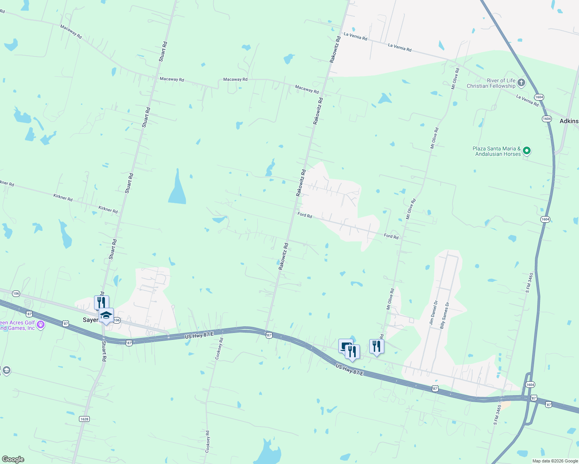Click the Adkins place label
(569, 121)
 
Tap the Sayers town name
(91, 320)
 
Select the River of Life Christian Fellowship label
(491, 83)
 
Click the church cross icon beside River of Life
(521, 82)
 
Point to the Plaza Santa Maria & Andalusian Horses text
(497, 151)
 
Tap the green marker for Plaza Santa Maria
(526, 151)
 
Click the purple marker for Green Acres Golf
(41, 325)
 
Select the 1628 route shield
(84, 419)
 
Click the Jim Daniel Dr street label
(433, 312)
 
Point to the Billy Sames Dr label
(444, 316)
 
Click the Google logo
(13, 459)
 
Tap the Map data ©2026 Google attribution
(555, 461)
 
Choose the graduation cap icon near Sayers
(106, 315)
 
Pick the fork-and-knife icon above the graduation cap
(101, 302)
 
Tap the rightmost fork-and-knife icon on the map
(376, 346)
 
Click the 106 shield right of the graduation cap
(117, 320)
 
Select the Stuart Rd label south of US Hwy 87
(104, 351)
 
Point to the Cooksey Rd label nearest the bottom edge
(207, 441)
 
